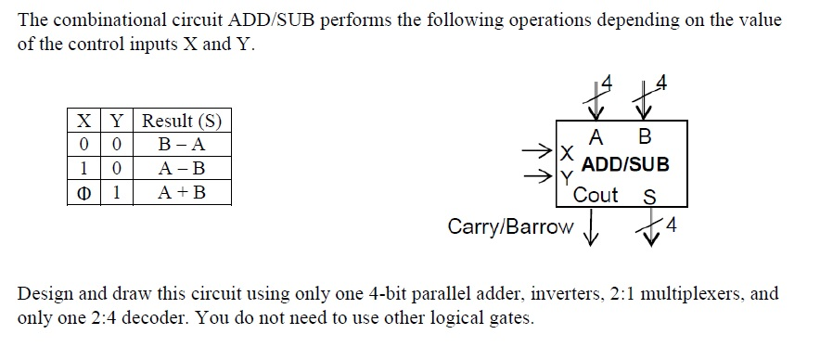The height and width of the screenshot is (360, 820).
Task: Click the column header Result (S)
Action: (182, 121)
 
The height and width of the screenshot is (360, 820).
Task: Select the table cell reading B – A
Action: (182, 145)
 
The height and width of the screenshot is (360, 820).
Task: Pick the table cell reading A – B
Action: (182, 169)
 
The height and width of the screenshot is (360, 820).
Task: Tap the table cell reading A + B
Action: (182, 193)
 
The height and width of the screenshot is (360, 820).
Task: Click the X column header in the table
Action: (83, 121)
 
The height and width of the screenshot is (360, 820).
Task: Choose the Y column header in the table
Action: (117, 121)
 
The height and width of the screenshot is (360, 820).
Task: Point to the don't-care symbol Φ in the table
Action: (83, 193)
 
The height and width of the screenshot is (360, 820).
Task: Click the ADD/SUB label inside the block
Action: (624, 165)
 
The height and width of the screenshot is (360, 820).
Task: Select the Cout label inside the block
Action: (596, 195)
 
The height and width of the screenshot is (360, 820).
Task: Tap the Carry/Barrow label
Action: (509, 226)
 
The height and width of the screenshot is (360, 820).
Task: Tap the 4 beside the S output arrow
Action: (672, 225)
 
